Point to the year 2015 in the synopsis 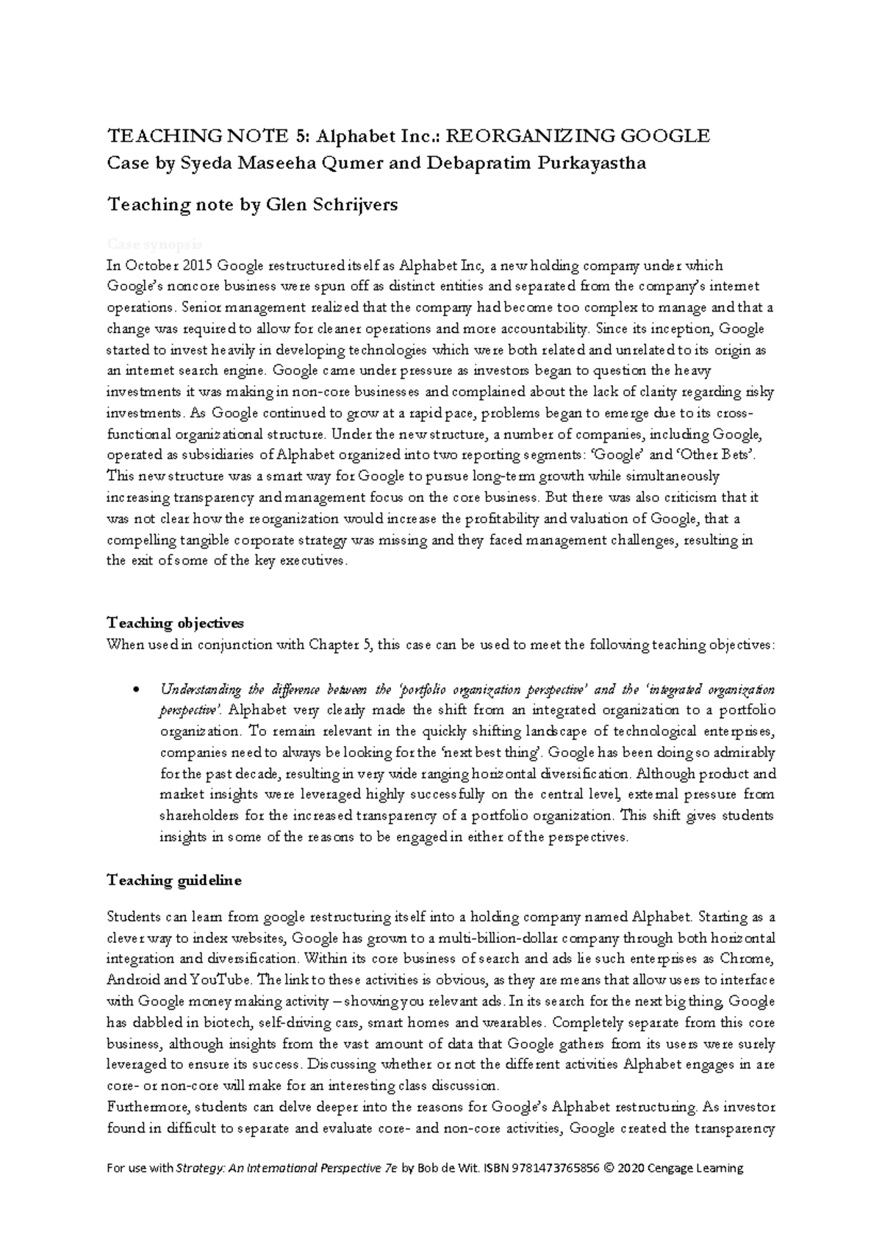tap(198, 265)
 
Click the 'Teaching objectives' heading tap(175, 624)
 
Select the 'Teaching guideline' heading tap(173, 881)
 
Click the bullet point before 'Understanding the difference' tap(134, 690)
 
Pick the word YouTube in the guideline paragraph tap(220, 980)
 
